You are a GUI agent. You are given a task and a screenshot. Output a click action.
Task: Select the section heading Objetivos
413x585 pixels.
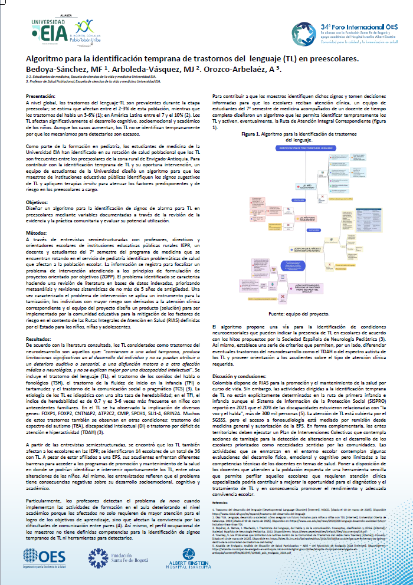point(37,202)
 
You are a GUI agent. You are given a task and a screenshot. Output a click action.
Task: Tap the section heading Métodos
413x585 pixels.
point(35,234)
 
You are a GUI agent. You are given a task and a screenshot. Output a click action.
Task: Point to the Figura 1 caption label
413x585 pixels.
point(254,134)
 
